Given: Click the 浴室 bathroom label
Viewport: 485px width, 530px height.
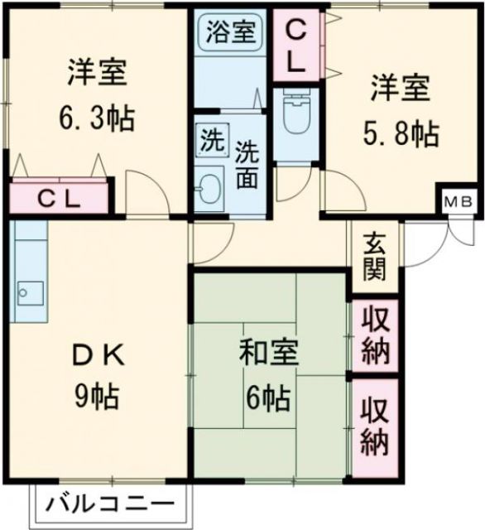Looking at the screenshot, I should click(x=230, y=36).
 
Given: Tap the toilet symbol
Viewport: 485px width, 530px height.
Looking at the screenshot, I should click(x=295, y=116).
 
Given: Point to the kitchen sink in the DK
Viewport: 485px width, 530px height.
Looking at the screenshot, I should click(x=31, y=291).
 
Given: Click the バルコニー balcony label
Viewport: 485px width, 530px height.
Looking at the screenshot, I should click(x=111, y=503).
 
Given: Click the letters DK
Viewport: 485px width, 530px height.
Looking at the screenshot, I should click(x=97, y=357).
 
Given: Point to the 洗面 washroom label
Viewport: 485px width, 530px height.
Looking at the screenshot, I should click(x=246, y=164).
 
